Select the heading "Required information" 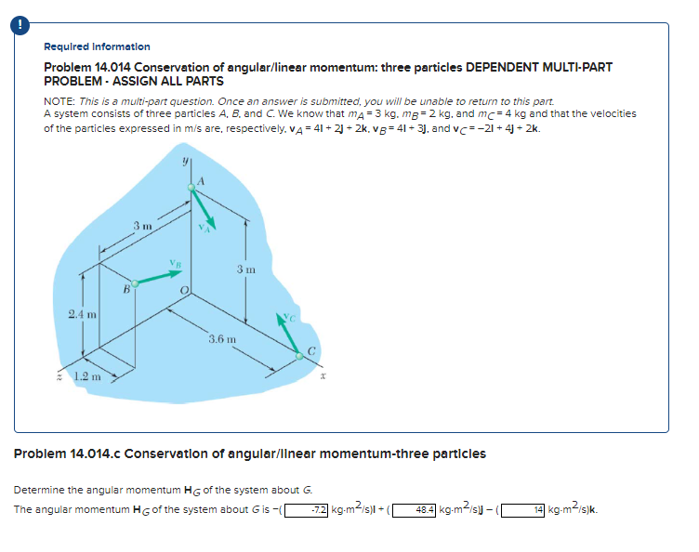(97, 46)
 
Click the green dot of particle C (298, 355)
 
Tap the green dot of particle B (136, 283)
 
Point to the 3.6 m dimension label (221, 340)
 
